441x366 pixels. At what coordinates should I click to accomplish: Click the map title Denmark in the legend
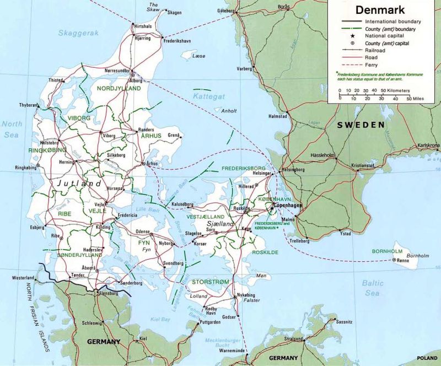coord(380,10)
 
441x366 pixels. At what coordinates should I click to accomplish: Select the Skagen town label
coord(174,12)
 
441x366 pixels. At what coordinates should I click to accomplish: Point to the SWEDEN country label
coord(361,125)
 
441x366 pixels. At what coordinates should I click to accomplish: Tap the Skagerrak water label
coord(79,33)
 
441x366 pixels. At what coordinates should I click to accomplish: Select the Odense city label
coord(143,232)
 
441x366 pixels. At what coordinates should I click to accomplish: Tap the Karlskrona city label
coord(428,146)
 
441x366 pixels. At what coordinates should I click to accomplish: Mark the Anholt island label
coord(228,111)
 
